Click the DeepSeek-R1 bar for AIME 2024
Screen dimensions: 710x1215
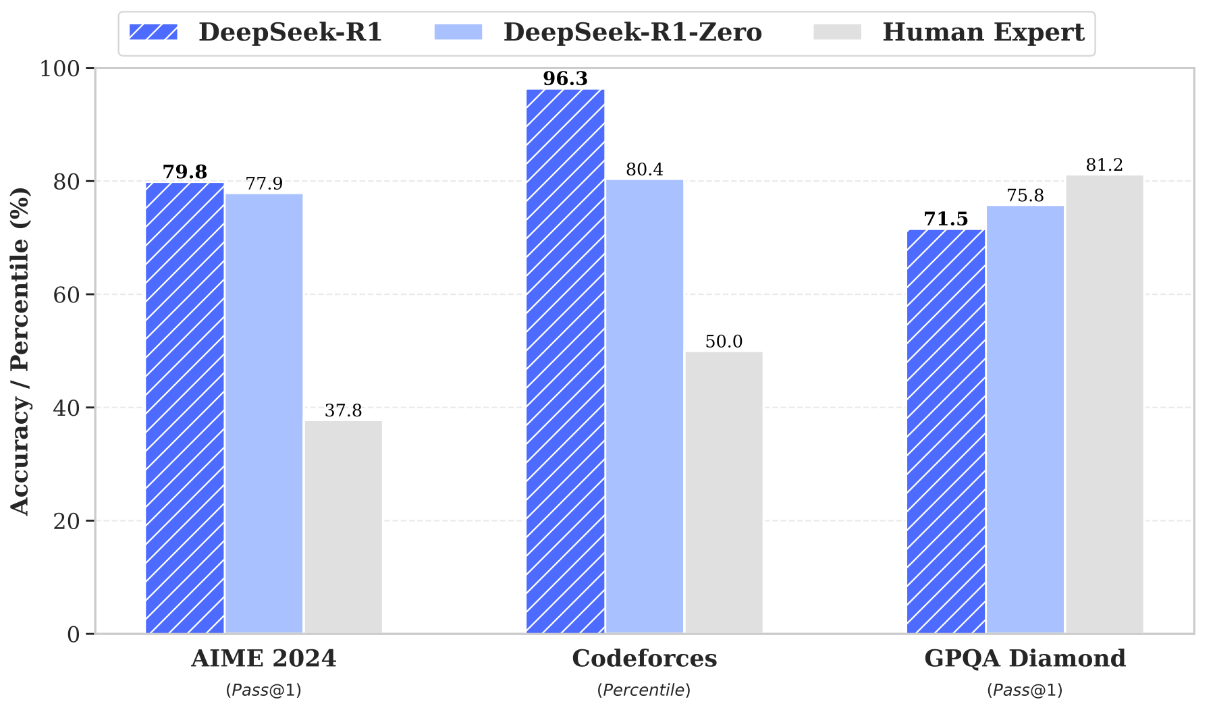pos(185,408)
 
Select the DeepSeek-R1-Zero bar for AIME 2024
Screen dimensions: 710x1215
pos(264,413)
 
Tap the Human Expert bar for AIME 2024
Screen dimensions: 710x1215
pos(343,527)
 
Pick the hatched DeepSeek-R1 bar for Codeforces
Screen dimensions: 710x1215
pos(565,361)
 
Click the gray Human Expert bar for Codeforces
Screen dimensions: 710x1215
pos(724,493)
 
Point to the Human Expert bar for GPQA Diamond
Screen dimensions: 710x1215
pos(1104,404)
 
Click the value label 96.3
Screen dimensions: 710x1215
pos(565,79)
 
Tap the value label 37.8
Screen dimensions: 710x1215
pos(343,410)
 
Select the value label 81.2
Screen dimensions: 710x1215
pos(1104,165)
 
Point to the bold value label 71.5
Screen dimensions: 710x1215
pos(946,219)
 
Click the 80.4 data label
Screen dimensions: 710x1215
pos(644,169)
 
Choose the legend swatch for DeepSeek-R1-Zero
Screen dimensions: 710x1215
pos(458,32)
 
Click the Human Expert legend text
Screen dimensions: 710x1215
pos(983,32)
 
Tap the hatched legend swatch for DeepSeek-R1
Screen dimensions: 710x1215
pos(153,32)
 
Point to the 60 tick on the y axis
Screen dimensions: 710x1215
pos(65,294)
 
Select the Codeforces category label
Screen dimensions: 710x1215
pos(644,658)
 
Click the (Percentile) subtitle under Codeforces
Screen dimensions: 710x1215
pos(644,690)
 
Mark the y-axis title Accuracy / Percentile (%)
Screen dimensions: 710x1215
pos(20,351)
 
